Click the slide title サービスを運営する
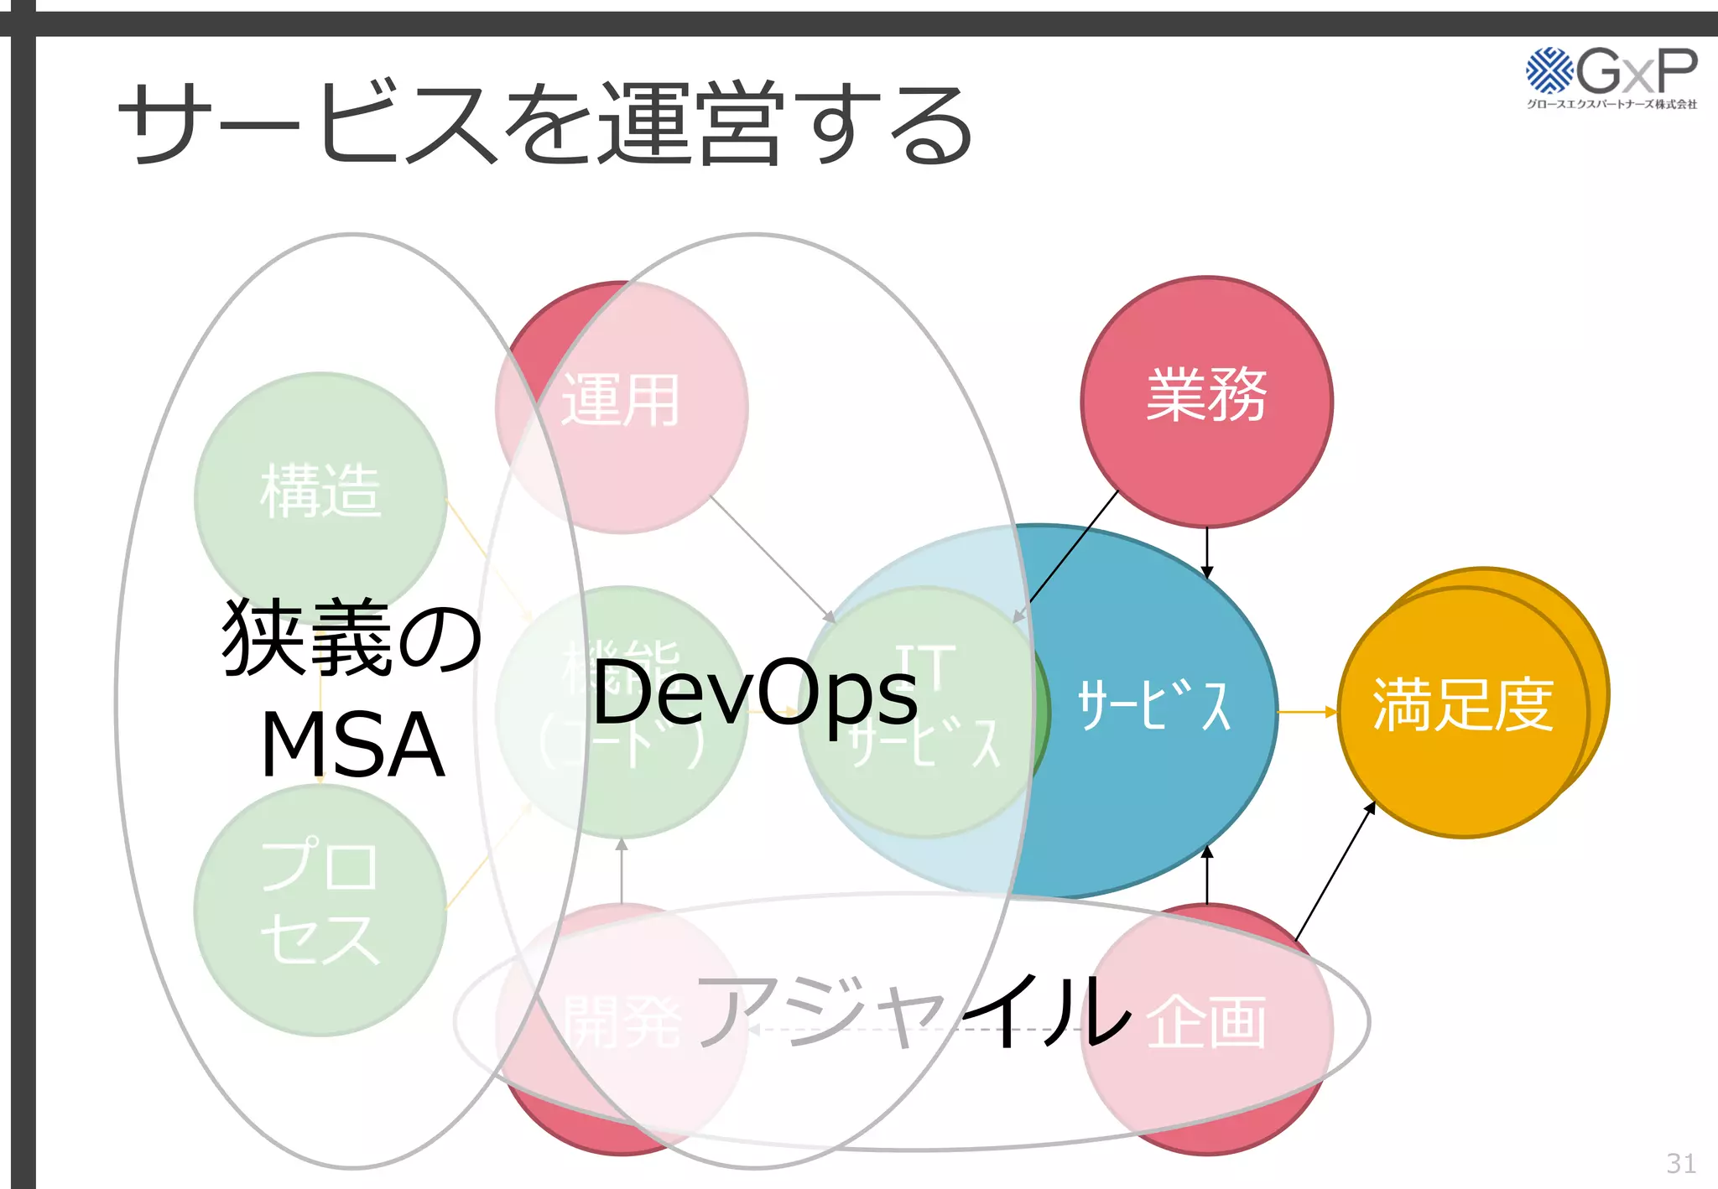[545, 124]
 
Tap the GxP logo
[1611, 70]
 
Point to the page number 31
[1681, 1163]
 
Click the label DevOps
[755, 692]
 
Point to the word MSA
[352, 745]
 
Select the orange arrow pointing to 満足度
[1307, 712]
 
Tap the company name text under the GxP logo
[1611, 105]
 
